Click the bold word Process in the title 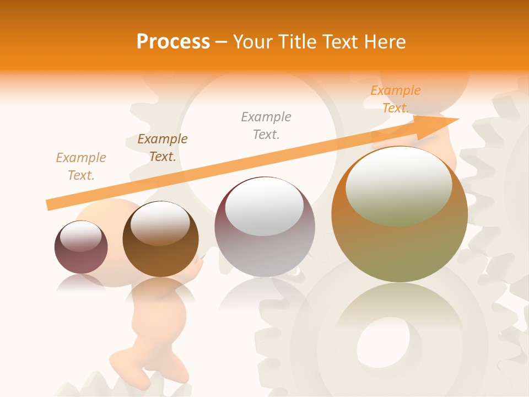coord(173,42)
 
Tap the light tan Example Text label coord(81,167)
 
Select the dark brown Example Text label coord(163,148)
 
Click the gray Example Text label coord(266,126)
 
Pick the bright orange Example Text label coord(396,99)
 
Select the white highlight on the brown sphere coord(160,223)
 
